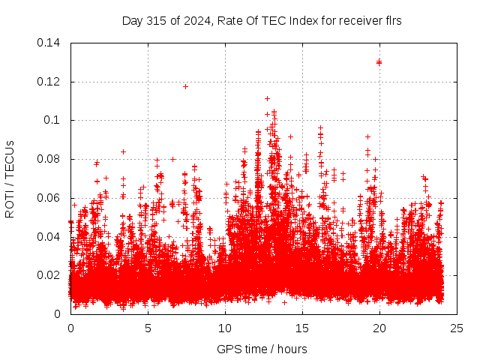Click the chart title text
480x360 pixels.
tap(262, 21)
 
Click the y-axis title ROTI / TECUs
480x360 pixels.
tap(10, 178)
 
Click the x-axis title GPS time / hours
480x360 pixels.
tap(262, 349)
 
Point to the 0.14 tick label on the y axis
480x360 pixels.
tap(49, 43)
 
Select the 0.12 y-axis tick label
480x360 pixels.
tap(49, 82)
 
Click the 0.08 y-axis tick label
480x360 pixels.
tap(49, 159)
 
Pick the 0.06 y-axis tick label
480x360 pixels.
tap(49, 198)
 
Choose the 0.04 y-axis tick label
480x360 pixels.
tap(49, 237)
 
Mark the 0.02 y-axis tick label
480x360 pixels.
tap(49, 275)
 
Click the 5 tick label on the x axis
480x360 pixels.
tap(148, 328)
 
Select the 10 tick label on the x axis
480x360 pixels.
tap(225, 328)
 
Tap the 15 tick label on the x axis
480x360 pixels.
tap(302, 328)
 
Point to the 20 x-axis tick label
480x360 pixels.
tap(379, 328)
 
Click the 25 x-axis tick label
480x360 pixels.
tap(457, 328)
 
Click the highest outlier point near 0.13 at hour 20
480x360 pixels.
tap(379, 62)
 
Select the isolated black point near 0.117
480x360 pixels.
tap(185, 86)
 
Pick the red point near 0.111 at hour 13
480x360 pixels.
tap(267, 98)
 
